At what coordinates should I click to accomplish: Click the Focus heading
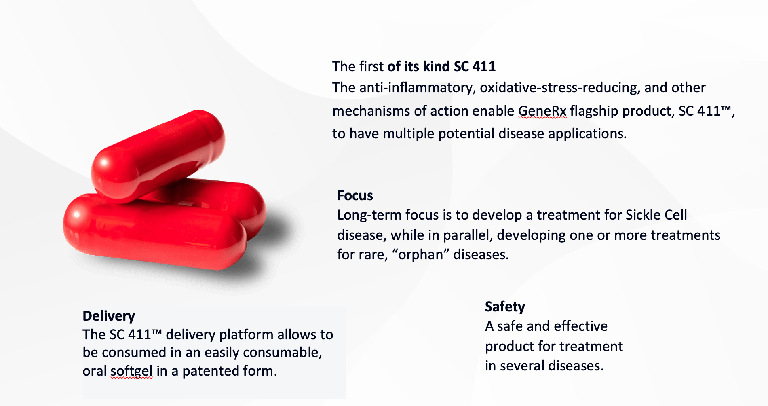pyautogui.click(x=355, y=195)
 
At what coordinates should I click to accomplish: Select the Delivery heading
pyautogui.click(x=109, y=316)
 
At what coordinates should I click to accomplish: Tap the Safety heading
pyautogui.click(x=505, y=307)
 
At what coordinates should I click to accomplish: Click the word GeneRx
pyautogui.click(x=542, y=111)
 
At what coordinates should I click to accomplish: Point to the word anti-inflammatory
pyautogui.click(x=416, y=88)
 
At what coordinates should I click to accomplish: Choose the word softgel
pyautogui.click(x=131, y=371)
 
